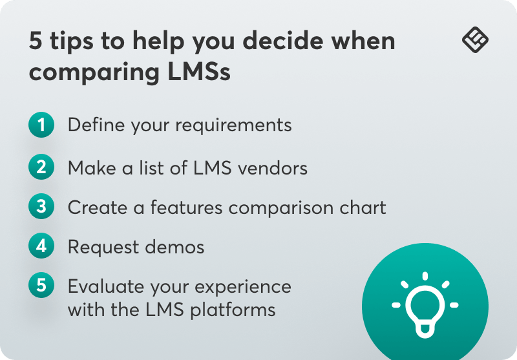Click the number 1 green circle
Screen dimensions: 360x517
click(x=41, y=125)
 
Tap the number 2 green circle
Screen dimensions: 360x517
click(x=41, y=168)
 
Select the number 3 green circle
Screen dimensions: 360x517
click(x=41, y=207)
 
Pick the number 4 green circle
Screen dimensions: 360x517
click(x=41, y=246)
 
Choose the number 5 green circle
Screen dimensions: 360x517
click(x=41, y=286)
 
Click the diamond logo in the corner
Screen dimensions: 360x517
click(x=476, y=40)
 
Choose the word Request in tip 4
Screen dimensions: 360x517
click(x=101, y=248)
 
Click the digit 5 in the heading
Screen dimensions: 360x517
click(x=36, y=42)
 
